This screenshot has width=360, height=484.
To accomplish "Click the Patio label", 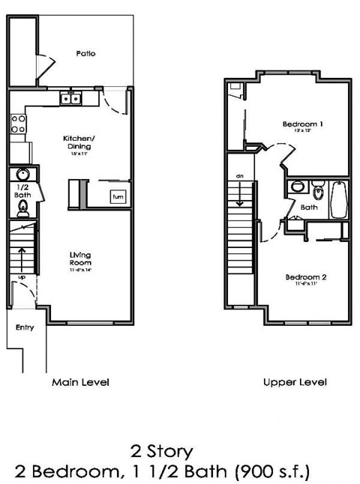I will (x=85, y=54).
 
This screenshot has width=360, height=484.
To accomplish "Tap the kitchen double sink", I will (x=71, y=98).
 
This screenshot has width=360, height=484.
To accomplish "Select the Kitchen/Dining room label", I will (x=78, y=142).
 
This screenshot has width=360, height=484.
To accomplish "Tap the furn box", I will (x=118, y=197).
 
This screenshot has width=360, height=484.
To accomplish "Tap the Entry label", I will (x=25, y=327).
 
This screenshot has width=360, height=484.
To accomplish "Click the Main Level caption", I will (x=80, y=382).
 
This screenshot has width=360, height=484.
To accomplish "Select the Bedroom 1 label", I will (x=303, y=124).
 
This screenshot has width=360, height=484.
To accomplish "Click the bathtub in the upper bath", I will (x=339, y=200).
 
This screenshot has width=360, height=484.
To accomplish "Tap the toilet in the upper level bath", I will (x=316, y=187).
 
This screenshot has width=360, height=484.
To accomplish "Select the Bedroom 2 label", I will (x=305, y=277).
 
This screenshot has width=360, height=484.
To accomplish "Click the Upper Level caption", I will (x=295, y=382).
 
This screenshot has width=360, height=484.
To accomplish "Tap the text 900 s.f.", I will (x=273, y=471).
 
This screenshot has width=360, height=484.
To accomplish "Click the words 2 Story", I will (x=163, y=451).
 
